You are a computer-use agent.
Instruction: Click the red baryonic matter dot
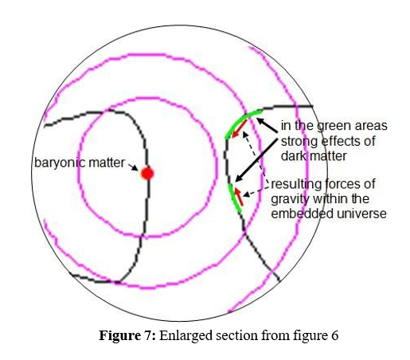coord(147,174)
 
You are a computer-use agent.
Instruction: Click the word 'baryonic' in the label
coord(59,163)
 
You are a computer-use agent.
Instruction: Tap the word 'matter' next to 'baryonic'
coord(107,162)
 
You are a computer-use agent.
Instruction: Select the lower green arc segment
coord(234,198)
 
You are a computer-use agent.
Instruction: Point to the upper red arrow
coord(240,128)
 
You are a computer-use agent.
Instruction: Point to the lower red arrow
coord(239,197)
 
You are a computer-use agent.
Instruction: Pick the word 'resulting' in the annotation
coord(295,185)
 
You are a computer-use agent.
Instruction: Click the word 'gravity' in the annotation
coord(288,199)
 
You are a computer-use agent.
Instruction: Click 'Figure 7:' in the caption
coord(127,335)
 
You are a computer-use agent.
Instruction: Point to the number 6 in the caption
coord(334,335)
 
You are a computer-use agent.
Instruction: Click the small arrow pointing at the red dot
coord(133,167)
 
